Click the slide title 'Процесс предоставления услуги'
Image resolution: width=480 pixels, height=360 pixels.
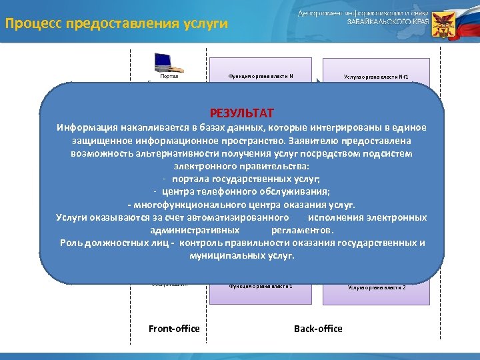coord(117,24)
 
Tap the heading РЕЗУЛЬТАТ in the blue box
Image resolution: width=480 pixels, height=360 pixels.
coord(241,113)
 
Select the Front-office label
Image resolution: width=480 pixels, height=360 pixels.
coord(174,329)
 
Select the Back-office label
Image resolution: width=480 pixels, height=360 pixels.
coord(318,329)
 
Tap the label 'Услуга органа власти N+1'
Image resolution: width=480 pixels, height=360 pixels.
coord(375,77)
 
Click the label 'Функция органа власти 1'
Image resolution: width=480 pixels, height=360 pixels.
coord(261,286)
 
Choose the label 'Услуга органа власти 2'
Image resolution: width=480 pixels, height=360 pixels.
coord(377,287)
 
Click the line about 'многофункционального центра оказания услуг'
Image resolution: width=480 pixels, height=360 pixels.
coord(241,205)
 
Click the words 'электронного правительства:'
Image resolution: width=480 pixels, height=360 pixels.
coord(241,167)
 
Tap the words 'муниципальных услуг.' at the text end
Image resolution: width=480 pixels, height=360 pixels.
coord(241,255)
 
